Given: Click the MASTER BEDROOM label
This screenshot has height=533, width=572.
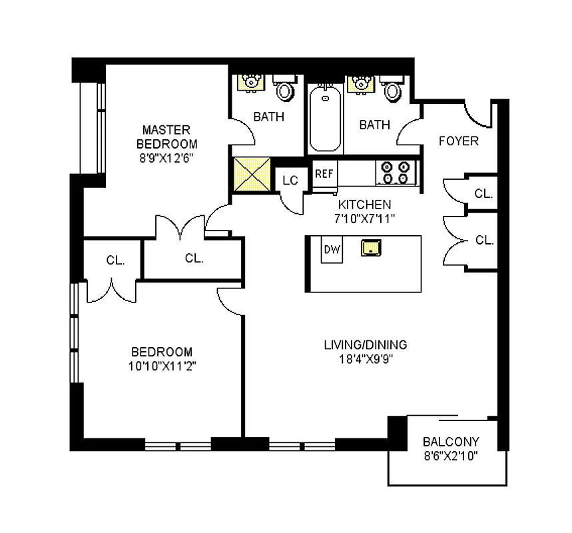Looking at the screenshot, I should click(x=166, y=129).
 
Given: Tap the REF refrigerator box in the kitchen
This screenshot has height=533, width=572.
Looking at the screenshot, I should click(x=324, y=174).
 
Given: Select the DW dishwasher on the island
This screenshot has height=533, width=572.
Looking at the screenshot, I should click(x=332, y=249).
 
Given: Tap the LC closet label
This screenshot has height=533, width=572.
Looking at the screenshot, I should click(x=290, y=180).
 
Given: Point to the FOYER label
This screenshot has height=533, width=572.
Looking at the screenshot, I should click(x=458, y=141).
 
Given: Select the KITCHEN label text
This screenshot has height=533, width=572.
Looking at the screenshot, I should click(x=364, y=205).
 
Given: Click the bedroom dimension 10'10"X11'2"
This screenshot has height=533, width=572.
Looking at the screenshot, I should click(x=162, y=366).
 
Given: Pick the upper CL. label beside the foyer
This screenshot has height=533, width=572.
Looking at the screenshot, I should click(x=483, y=194).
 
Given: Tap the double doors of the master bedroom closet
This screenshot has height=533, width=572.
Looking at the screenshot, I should click(x=180, y=227).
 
